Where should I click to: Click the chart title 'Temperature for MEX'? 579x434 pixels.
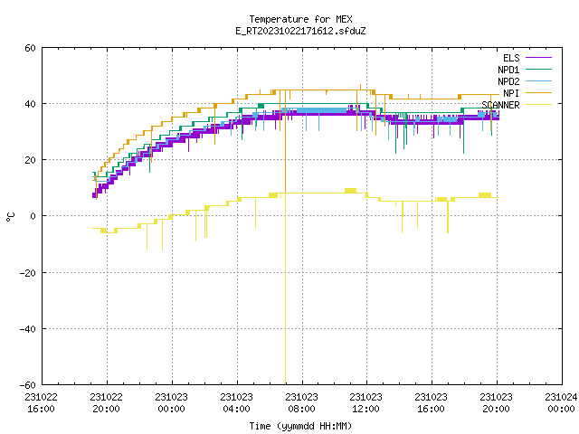tap(300, 19)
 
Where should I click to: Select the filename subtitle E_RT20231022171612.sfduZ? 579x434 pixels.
tap(300, 31)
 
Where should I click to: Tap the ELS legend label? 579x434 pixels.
tap(511, 58)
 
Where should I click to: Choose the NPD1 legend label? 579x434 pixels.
tap(508, 70)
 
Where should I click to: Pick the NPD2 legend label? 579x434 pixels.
tap(508, 81)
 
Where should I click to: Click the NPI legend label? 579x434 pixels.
tap(511, 93)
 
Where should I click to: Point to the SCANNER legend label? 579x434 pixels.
tap(500, 105)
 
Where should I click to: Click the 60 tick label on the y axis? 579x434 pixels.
tap(30, 48)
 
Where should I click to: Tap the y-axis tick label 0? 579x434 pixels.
tap(33, 216)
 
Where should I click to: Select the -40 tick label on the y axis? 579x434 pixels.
tap(28, 329)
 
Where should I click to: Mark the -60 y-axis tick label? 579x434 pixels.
tap(28, 385)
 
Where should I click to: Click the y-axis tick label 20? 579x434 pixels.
tap(30, 160)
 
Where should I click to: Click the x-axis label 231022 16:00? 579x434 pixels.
tap(42, 403)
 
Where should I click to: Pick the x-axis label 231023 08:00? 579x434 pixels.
tap(301, 403)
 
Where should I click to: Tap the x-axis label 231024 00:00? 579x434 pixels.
tap(561, 403)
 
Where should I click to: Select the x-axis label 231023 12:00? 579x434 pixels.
tap(365, 403)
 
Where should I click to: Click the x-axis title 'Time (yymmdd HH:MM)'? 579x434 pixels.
tap(300, 426)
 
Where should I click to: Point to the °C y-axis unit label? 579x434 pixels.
tap(11, 217)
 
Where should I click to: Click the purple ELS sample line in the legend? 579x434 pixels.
tap(539, 58)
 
